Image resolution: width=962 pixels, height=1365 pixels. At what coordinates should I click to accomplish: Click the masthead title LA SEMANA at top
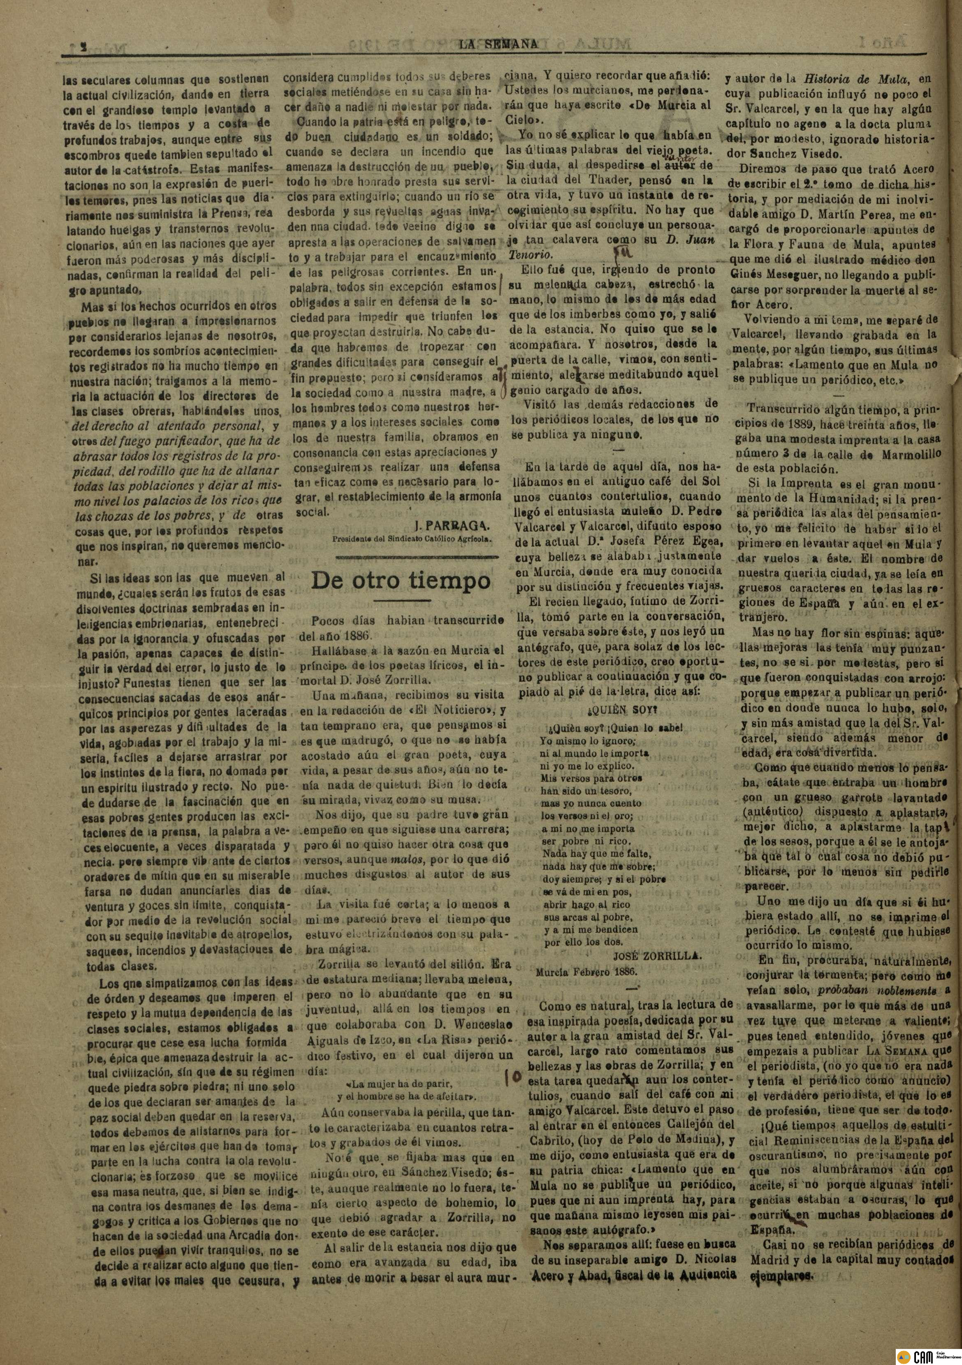click(498, 44)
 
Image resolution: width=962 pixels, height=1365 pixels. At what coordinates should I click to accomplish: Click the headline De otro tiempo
click(401, 581)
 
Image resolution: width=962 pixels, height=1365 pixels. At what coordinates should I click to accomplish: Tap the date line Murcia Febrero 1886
click(586, 973)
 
